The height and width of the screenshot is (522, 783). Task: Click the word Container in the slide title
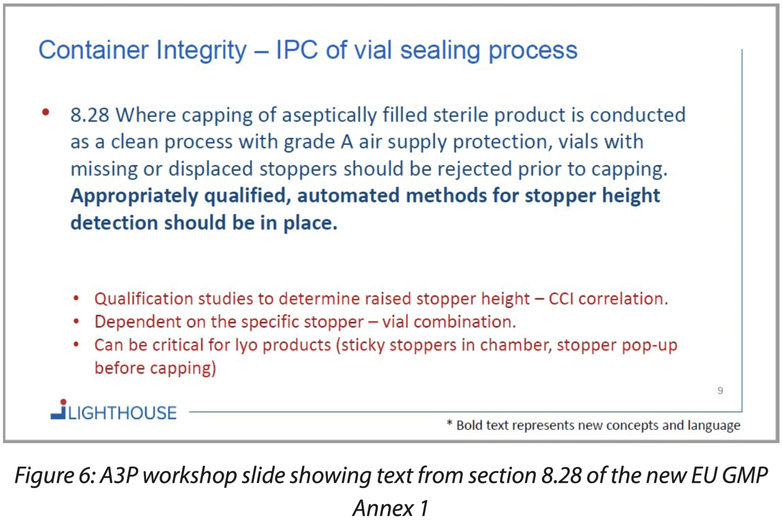(93, 50)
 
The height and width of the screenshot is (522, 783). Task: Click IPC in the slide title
(297, 50)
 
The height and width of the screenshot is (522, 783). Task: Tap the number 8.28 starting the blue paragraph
(90, 115)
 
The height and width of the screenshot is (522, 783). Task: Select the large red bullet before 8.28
(45, 112)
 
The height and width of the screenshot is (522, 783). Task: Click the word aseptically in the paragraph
(330, 115)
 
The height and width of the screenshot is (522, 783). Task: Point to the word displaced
(211, 169)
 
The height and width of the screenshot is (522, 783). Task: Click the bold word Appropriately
(134, 196)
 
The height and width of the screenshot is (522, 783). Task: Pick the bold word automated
(348, 195)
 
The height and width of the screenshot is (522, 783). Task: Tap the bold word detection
(114, 223)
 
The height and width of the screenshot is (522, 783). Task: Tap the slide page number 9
(720, 390)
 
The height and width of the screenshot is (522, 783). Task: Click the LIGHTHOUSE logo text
(122, 413)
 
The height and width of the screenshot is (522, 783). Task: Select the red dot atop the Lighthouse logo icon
(63, 402)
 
